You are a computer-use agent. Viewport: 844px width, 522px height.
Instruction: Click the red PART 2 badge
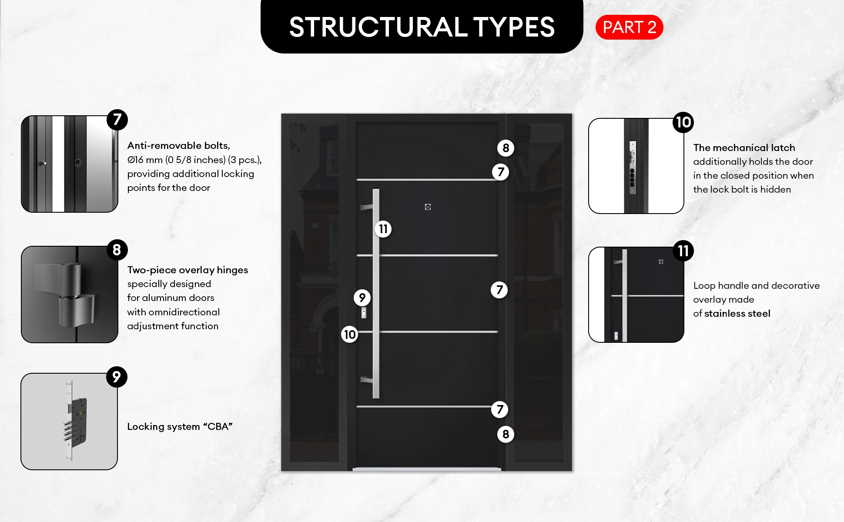tap(629, 27)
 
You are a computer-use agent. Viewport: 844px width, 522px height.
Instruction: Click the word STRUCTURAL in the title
tap(378, 27)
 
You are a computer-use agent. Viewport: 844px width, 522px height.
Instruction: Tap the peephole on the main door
tap(428, 207)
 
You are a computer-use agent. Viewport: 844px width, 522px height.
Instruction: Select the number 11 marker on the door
tap(383, 229)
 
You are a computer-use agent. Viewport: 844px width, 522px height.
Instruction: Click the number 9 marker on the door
tap(362, 298)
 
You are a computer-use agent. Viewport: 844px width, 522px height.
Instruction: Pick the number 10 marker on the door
tap(350, 335)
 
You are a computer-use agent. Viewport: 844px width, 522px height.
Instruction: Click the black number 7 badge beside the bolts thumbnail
tap(117, 120)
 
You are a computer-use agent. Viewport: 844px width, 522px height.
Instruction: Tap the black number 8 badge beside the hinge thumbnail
tap(117, 250)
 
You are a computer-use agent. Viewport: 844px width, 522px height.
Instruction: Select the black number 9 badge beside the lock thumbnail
tap(117, 377)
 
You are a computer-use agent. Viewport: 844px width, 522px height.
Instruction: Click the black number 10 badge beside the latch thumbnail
tap(683, 122)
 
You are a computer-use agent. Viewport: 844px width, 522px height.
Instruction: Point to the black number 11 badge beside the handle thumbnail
tap(683, 251)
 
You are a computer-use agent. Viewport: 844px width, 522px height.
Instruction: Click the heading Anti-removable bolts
tap(178, 146)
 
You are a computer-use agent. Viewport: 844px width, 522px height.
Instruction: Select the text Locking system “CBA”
tap(180, 427)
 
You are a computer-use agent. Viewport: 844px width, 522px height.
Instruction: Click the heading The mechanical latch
tap(744, 148)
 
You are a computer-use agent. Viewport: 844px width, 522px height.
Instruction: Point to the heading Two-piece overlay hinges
tap(188, 270)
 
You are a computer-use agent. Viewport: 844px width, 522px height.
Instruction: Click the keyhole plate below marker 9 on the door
tap(364, 312)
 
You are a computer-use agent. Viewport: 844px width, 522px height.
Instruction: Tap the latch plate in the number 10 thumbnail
tap(632, 167)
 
